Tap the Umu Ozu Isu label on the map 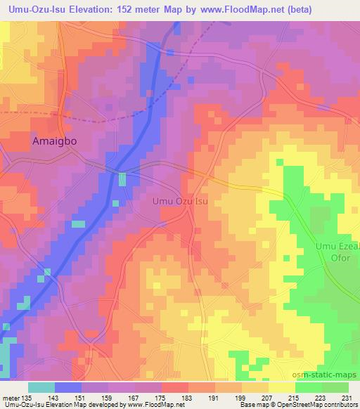[x=181, y=202]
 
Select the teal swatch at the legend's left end [x=41, y=387]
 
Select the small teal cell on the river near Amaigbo [x=122, y=179]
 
